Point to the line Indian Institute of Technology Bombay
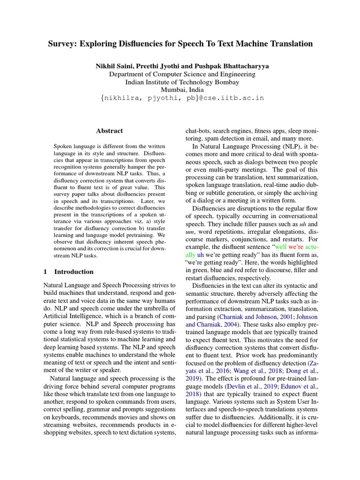click(180, 82)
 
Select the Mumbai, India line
click(180, 90)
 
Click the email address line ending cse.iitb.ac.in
click(180, 98)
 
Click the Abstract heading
click(109, 131)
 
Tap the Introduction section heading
click(74, 271)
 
